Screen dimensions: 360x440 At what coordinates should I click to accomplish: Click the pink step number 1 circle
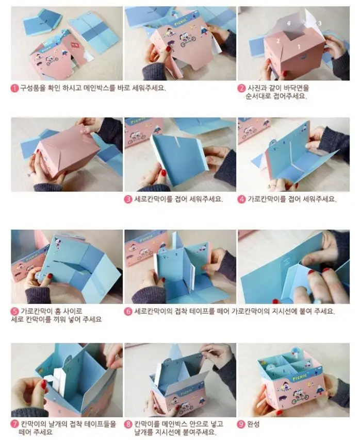[x=14, y=88]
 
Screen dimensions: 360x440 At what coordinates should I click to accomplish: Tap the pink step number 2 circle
[x=241, y=88]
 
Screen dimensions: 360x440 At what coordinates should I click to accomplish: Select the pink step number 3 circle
[x=128, y=199]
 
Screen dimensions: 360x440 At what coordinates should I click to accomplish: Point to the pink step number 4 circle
[x=241, y=199]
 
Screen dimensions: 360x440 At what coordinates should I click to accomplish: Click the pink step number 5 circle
[x=14, y=311]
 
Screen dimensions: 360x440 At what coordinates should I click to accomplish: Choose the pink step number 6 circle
[x=128, y=311]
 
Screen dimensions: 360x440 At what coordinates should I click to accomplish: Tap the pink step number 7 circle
[x=14, y=424]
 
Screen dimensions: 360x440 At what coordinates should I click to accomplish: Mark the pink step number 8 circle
[x=128, y=424]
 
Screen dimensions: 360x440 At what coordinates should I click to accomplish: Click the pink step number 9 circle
[x=241, y=424]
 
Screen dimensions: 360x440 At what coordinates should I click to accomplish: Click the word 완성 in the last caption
[x=253, y=424]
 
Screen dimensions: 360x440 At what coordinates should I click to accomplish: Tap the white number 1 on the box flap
[x=299, y=46]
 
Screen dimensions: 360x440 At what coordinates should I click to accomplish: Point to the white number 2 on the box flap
[x=278, y=41]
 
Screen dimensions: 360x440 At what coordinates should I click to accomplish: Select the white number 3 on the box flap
[x=320, y=23]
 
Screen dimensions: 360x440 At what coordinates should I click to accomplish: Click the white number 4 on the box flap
[x=289, y=24]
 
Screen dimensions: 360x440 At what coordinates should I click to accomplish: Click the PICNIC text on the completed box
[x=300, y=378]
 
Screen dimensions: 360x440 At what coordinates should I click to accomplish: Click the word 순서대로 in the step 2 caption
[x=257, y=96]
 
